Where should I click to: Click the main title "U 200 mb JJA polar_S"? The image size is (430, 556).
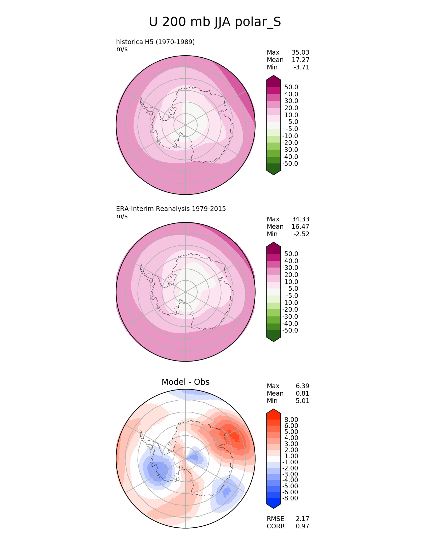(x=215, y=22)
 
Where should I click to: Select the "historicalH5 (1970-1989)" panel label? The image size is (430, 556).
(x=155, y=42)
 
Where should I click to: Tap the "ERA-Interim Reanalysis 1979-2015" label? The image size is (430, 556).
(x=171, y=209)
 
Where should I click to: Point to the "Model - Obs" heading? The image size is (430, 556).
(x=185, y=382)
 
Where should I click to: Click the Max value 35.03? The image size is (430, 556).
(x=300, y=53)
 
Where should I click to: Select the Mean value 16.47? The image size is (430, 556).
(x=300, y=227)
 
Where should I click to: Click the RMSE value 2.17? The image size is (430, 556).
(x=303, y=519)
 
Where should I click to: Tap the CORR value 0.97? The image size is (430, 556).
(x=303, y=526)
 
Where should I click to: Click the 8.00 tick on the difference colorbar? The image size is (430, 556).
(x=291, y=420)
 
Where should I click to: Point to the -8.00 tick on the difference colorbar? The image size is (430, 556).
(x=290, y=498)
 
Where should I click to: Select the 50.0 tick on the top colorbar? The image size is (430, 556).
(x=291, y=87)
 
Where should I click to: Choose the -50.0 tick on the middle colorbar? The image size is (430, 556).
(x=290, y=331)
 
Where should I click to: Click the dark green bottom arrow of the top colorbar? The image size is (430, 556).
(x=274, y=169)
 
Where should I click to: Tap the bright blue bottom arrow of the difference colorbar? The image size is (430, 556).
(x=274, y=503)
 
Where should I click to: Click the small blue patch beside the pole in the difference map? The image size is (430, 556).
(x=195, y=457)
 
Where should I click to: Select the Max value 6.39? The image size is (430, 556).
(x=303, y=386)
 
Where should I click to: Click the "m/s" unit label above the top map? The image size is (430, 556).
(x=122, y=49)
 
